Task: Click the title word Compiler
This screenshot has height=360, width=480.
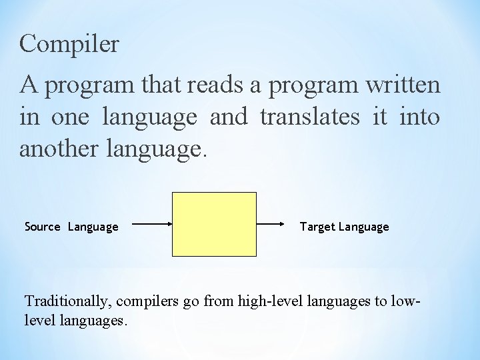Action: point(69,45)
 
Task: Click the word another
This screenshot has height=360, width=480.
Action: point(60,149)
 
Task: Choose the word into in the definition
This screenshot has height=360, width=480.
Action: point(419,117)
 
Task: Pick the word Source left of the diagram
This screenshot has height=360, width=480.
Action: point(42,227)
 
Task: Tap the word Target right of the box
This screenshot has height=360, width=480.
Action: point(317,227)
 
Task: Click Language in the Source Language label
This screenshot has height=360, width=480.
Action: point(93,227)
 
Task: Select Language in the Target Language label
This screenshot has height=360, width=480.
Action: point(364,227)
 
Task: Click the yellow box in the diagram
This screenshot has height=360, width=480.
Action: point(214,224)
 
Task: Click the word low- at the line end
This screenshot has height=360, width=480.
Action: point(408,302)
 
